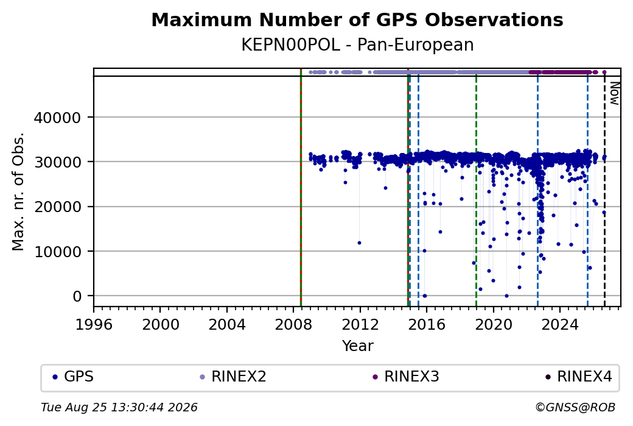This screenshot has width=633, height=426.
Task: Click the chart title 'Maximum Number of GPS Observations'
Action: point(357,20)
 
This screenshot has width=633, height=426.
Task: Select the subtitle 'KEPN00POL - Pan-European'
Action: point(357,45)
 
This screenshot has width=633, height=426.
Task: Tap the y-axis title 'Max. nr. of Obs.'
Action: point(18,191)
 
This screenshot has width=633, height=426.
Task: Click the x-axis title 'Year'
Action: point(358,346)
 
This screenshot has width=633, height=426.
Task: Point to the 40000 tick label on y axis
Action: point(57,118)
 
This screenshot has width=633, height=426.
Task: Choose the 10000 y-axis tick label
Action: point(57,252)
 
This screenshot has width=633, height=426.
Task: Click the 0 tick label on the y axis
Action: point(77,297)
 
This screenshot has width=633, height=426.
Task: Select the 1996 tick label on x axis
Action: point(94,325)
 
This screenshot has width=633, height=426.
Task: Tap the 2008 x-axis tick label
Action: point(293,325)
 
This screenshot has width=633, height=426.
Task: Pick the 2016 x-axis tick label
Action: point(427,325)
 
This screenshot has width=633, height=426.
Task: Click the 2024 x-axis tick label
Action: point(560,325)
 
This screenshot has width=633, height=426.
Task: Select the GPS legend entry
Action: point(73,377)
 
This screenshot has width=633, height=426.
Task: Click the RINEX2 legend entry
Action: point(233,377)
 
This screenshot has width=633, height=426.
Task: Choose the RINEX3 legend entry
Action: point(406,377)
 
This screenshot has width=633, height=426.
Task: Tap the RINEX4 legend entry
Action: point(579,377)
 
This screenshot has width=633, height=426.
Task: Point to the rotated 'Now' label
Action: point(614,93)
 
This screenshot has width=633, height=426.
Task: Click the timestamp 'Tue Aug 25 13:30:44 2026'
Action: point(119,407)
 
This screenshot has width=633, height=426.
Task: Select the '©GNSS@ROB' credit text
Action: point(575,407)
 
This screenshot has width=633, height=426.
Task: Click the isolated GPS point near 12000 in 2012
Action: point(359,243)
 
